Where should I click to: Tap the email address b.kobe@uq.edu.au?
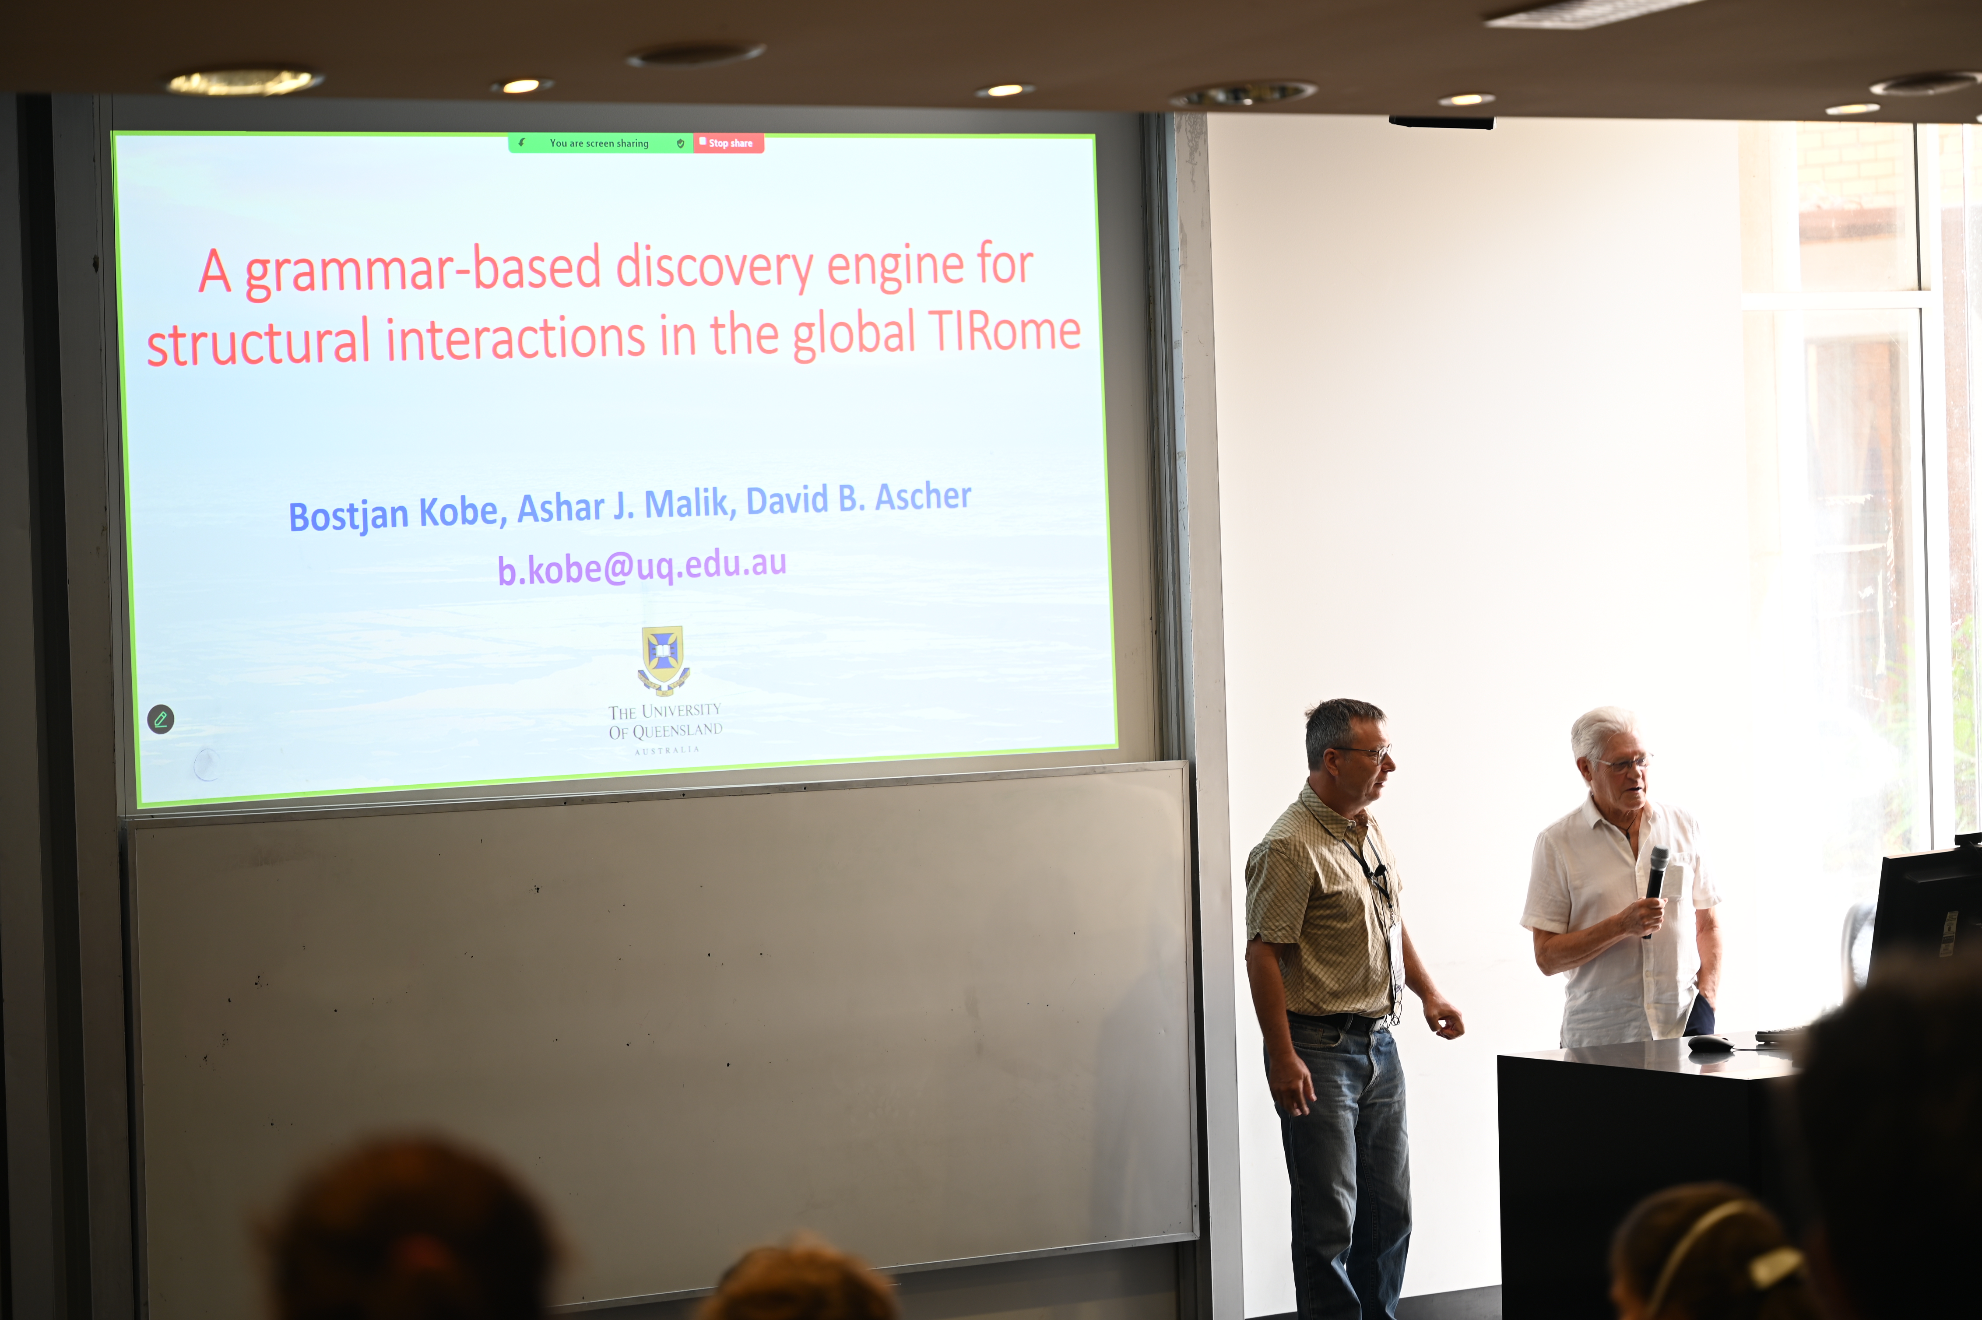tap(642, 566)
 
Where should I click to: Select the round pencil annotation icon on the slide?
tap(161, 719)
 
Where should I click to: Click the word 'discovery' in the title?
tap(714, 268)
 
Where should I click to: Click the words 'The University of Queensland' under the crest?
tap(665, 721)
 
